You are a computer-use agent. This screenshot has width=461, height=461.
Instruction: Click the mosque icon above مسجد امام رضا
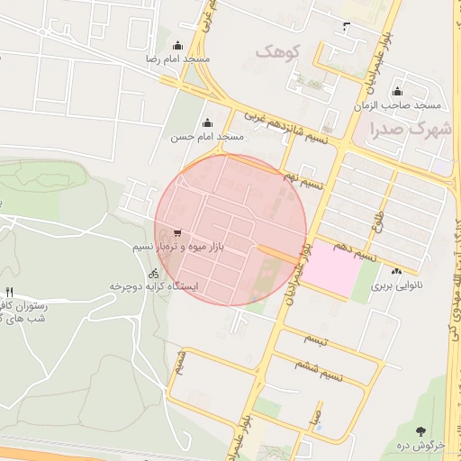click(x=177, y=46)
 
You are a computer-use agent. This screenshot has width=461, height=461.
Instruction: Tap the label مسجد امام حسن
click(x=208, y=137)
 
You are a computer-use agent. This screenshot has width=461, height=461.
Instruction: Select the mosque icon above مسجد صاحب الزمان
click(x=397, y=92)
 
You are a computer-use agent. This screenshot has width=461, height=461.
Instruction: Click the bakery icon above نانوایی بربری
click(x=396, y=271)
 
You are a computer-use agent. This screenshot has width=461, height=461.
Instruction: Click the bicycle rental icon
click(x=154, y=272)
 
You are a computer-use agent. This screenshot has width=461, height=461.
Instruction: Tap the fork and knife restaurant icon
click(x=10, y=292)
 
